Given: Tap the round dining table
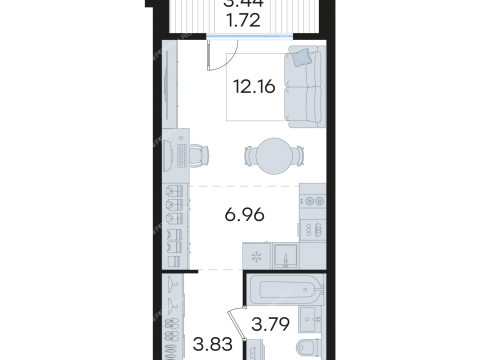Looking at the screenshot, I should [270, 155].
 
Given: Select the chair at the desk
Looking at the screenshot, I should [200, 155].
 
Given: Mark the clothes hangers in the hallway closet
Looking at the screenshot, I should [176, 296].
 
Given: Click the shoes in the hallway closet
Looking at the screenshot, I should [176, 334].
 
